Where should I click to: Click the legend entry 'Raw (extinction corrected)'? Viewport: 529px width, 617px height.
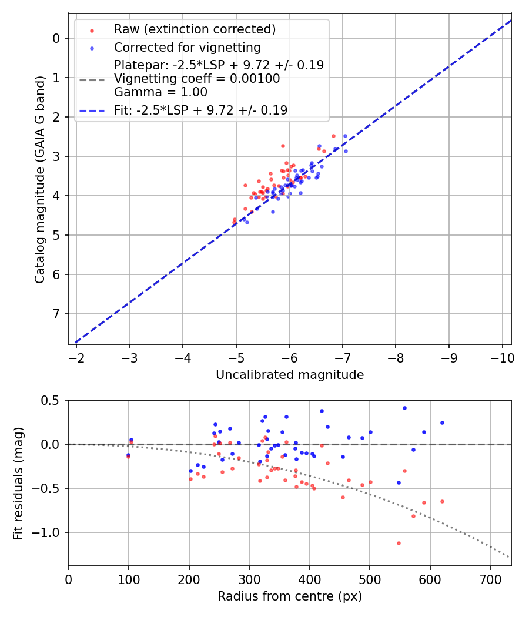[x=195, y=29]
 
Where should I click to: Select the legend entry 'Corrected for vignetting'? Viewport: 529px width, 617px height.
[x=187, y=47]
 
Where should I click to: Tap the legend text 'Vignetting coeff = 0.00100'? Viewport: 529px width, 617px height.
[x=197, y=79]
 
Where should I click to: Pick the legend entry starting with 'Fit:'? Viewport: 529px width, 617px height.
[x=200, y=110]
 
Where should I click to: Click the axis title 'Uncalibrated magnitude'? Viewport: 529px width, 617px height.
[x=290, y=375]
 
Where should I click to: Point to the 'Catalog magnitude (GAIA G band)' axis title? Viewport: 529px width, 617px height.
[x=39, y=179]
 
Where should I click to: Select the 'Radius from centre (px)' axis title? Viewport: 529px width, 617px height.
[x=290, y=596]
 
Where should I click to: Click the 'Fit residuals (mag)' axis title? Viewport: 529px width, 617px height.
[x=18, y=483]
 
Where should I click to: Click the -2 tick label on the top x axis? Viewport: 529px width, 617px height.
[x=76, y=358]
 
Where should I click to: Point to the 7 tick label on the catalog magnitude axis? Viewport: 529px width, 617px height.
[x=56, y=314]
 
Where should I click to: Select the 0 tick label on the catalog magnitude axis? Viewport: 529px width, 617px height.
[x=56, y=38]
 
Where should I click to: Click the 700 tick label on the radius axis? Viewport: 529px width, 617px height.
[x=490, y=579]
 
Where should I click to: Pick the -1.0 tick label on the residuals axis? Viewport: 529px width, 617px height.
[x=48, y=533]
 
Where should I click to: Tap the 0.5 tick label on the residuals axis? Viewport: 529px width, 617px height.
[x=51, y=400]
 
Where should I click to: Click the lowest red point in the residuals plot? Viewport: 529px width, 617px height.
[x=399, y=543]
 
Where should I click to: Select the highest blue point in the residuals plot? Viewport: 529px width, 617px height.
[x=404, y=408]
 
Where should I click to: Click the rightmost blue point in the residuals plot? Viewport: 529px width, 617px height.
[x=442, y=422]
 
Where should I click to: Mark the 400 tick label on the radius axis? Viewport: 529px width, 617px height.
[x=309, y=579]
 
